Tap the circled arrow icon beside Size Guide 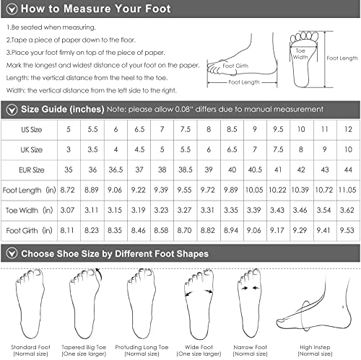[x=10, y=109]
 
